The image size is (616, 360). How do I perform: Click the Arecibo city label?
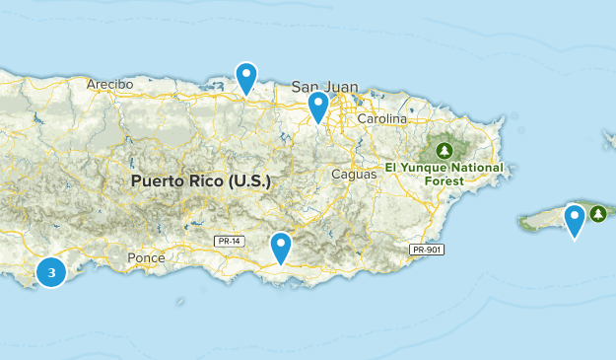click(x=109, y=84)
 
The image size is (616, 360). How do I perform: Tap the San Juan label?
click(x=325, y=87)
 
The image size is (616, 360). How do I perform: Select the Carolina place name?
click(x=381, y=119)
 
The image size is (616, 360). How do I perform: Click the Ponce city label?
click(x=146, y=257)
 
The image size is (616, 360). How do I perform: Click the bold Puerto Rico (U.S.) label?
click(x=200, y=182)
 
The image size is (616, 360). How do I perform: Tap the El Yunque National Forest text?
click(x=445, y=174)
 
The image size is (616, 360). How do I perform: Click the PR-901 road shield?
click(x=428, y=250)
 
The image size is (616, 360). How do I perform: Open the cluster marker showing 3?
click(x=51, y=271)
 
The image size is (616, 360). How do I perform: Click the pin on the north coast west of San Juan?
click(x=246, y=77)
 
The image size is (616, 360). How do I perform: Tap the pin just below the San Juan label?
click(x=317, y=106)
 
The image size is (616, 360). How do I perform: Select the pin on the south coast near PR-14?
click(x=281, y=247)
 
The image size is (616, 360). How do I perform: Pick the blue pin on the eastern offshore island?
click(x=574, y=219)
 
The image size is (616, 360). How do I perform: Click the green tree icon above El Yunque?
click(x=444, y=151)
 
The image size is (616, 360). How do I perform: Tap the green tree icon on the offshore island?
click(x=597, y=213)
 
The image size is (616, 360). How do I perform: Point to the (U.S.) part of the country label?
click(x=248, y=182)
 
